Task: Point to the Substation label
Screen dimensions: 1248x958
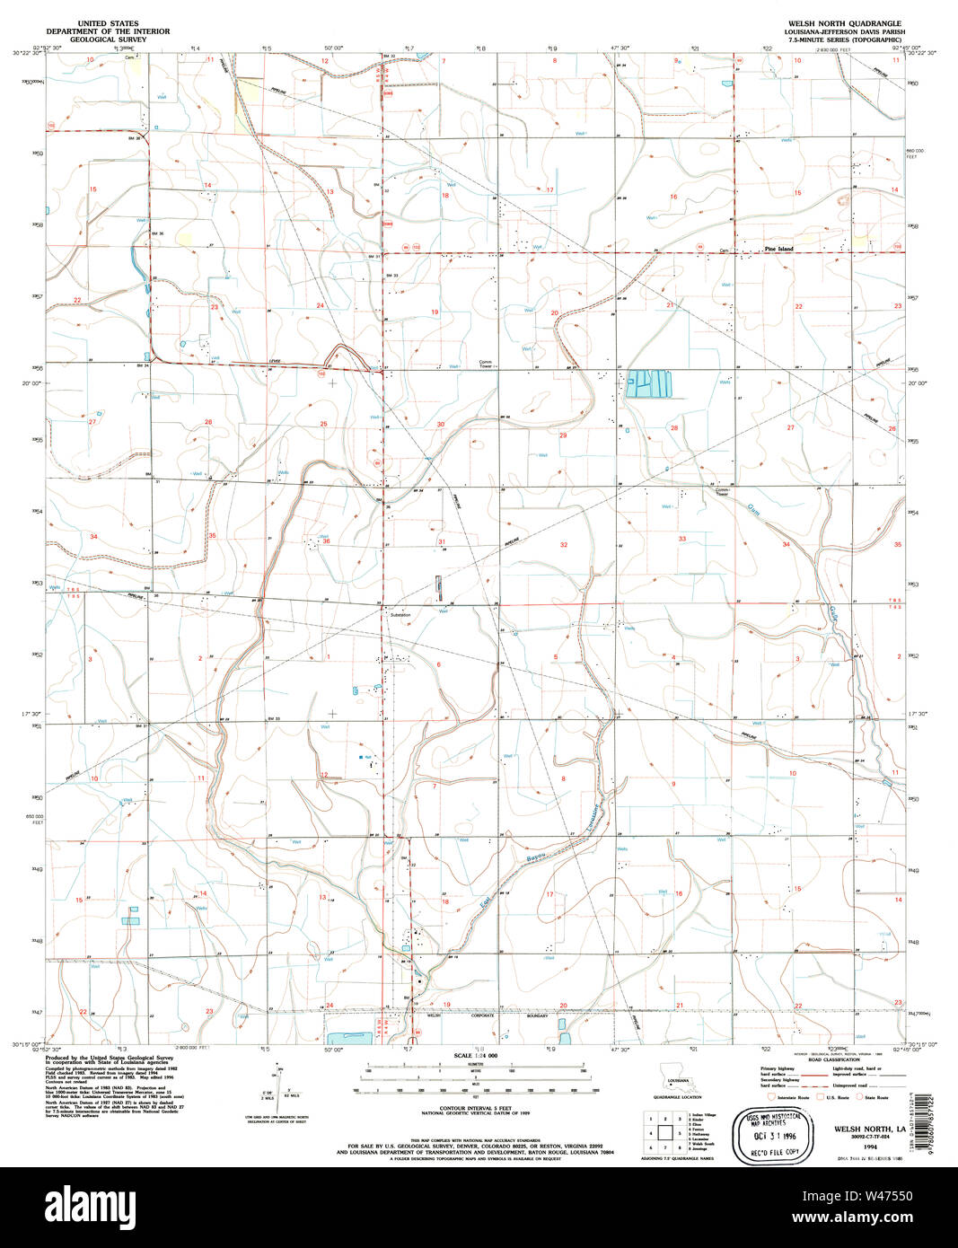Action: coord(400,616)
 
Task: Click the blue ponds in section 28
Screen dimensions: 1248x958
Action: coord(649,384)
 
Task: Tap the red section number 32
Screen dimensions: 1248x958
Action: coord(564,545)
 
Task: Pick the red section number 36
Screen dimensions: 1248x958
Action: coord(327,541)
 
